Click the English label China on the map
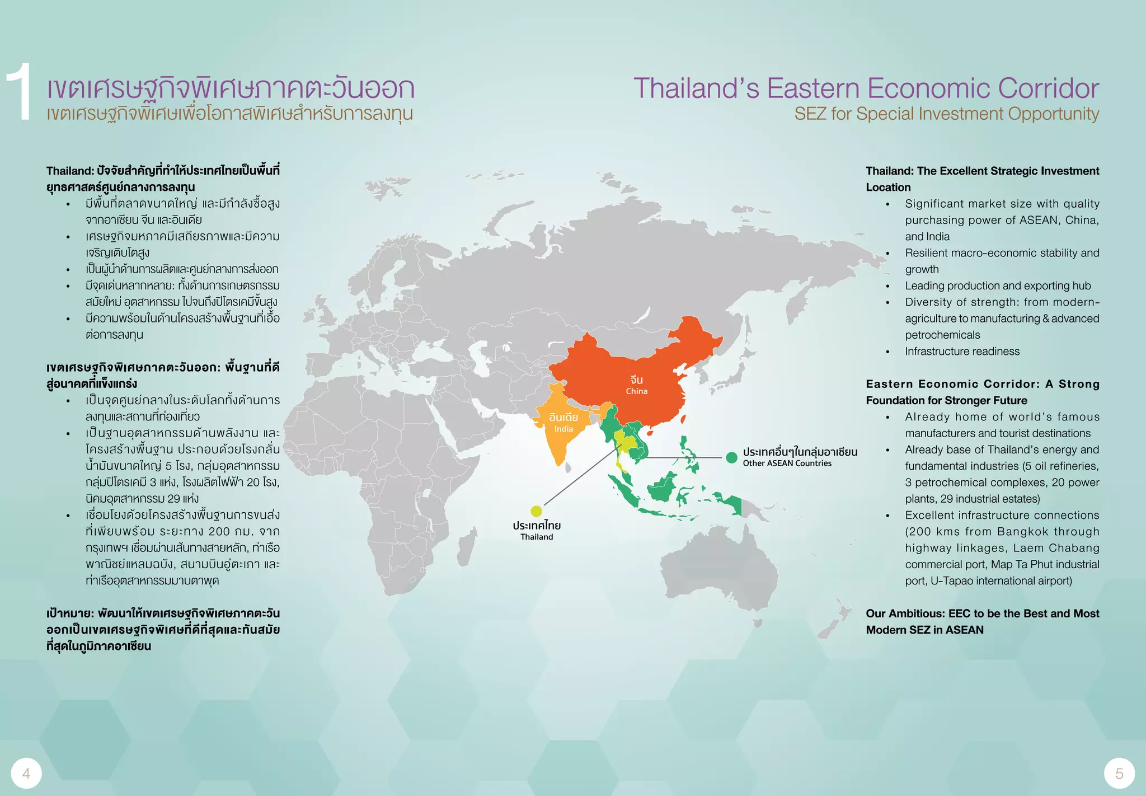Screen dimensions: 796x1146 tap(636, 391)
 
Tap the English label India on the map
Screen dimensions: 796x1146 tap(563, 429)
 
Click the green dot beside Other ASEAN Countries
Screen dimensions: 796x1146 tap(731, 457)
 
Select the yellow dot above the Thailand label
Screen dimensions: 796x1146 tap(536, 511)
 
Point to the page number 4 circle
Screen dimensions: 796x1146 tap(26, 774)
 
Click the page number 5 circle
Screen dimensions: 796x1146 tap(1119, 774)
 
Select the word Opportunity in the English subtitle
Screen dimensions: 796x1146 tap(1054, 114)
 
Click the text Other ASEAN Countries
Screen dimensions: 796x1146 tap(787, 463)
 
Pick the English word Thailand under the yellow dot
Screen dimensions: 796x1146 tap(537, 537)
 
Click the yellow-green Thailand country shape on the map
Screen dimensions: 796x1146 tap(627, 442)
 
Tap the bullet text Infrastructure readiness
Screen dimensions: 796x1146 tap(962, 352)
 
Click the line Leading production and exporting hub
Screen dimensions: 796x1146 tap(998, 286)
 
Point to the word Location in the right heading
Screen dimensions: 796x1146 tap(888, 188)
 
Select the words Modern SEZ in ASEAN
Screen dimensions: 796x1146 tap(924, 630)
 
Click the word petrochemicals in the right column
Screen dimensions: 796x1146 tap(942, 335)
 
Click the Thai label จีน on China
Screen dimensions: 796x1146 tap(636, 380)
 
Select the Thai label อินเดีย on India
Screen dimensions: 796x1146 tap(563, 418)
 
